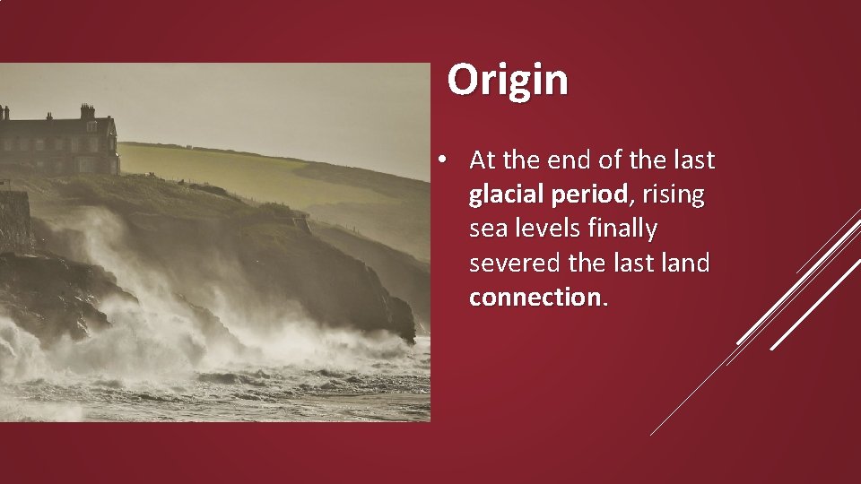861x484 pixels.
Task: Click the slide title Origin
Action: coord(508,80)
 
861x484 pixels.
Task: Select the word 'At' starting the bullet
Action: coord(483,161)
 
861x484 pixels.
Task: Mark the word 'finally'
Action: coord(622,229)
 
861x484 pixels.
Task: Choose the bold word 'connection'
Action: coord(535,298)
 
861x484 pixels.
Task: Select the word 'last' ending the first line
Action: coord(692,161)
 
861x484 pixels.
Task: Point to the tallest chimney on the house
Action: coord(87,111)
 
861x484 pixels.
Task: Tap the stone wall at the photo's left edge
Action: coord(14,220)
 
